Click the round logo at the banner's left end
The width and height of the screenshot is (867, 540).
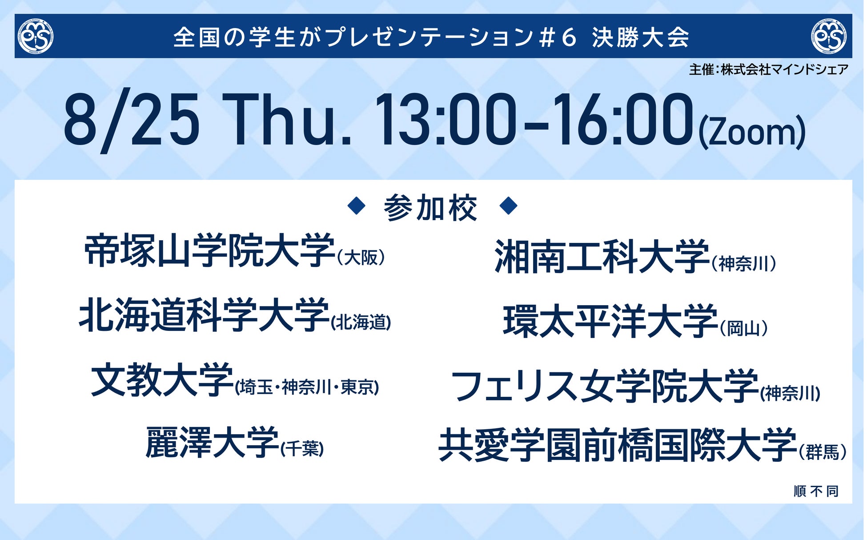tap(36, 36)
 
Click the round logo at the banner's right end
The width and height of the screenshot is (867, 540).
tap(829, 36)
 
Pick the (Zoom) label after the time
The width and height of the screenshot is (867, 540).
tap(752, 133)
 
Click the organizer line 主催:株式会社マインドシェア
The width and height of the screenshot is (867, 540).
tap(768, 69)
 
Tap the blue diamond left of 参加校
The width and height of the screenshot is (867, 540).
tap(357, 206)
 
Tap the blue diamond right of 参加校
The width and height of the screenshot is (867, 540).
tap(509, 206)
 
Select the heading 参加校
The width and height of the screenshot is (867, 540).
tap(430, 208)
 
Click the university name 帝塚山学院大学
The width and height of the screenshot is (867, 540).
tap(209, 250)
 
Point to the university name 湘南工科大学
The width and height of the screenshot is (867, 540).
tap(602, 257)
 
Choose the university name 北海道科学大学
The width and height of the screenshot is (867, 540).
tap(204, 315)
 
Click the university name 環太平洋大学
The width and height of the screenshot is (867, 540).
tap(610, 321)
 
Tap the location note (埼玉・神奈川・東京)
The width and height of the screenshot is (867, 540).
tap(307, 387)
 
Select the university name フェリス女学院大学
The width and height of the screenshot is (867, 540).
tap(605, 386)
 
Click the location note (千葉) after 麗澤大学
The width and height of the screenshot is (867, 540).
tap(302, 448)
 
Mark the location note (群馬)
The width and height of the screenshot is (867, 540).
tap(823, 452)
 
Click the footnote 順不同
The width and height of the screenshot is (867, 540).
tap(816, 491)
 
